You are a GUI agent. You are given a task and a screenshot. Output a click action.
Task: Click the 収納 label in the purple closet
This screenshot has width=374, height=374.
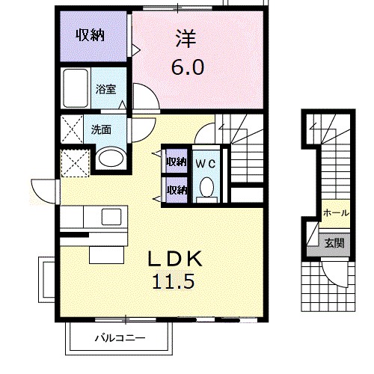click(89, 35)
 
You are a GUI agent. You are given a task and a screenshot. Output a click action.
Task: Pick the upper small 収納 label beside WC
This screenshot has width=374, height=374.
click(176, 162)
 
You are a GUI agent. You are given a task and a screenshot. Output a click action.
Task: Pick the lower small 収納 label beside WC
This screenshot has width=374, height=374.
click(176, 189)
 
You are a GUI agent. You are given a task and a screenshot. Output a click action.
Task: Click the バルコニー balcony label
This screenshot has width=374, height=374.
click(120, 338)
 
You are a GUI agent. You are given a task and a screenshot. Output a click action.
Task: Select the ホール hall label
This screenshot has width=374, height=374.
click(334, 213)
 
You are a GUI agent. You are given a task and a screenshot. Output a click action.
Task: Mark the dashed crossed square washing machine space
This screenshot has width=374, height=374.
click(76, 162)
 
